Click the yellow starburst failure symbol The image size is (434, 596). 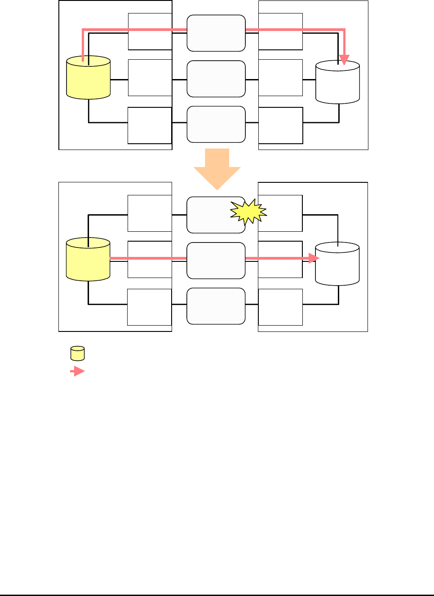[x=248, y=212]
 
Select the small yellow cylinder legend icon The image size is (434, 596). [x=78, y=353]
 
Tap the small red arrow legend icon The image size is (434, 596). [x=78, y=371]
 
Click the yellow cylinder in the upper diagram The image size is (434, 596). [x=89, y=78]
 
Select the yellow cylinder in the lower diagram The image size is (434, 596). [x=88, y=260]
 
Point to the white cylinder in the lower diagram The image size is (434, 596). [x=337, y=264]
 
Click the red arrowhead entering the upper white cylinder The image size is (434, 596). [x=344, y=60]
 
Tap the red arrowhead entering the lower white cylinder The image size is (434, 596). [x=314, y=258]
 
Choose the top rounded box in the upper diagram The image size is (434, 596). [x=216, y=33]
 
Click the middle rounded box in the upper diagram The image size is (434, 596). [x=216, y=79]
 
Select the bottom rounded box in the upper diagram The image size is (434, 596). [x=216, y=124]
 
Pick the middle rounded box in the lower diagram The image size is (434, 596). [x=216, y=261]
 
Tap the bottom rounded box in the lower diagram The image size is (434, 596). [x=216, y=306]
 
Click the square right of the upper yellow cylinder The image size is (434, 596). [x=150, y=78]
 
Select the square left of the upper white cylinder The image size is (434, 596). [x=281, y=78]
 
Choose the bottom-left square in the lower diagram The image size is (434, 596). [x=150, y=307]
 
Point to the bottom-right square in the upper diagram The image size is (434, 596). [x=281, y=125]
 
